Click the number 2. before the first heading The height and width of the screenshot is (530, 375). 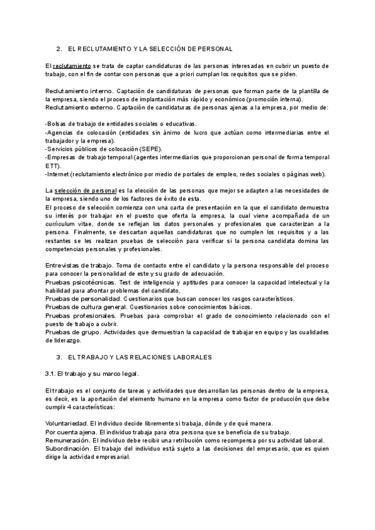click(59, 48)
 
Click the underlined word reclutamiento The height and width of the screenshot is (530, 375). click(72, 65)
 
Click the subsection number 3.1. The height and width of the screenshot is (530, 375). click(51, 373)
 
